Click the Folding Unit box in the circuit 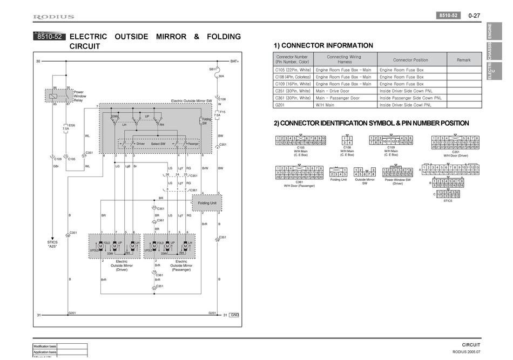[207, 203]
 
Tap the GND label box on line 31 [234, 315]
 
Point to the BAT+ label [234, 62]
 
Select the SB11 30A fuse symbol [218, 70]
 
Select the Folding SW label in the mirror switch [206, 121]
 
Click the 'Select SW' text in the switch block [158, 144]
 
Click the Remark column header [463, 60]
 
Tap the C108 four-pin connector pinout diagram [347, 141]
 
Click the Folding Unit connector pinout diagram [339, 172]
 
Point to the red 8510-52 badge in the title [49, 37]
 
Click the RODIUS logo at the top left [54, 17]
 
